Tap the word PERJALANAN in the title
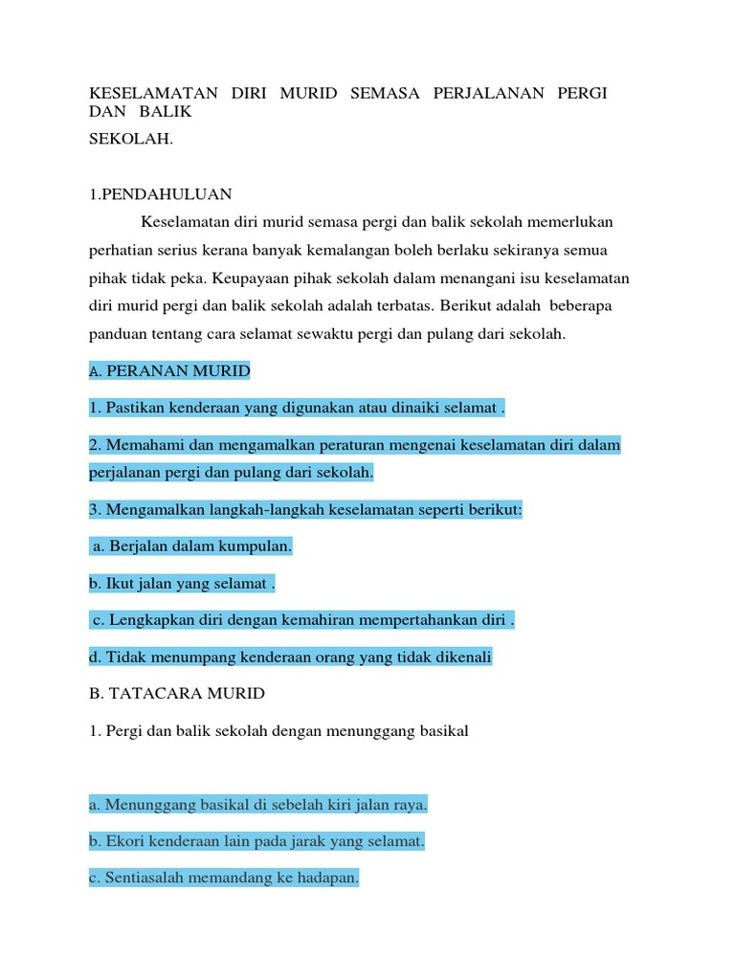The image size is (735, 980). click(488, 93)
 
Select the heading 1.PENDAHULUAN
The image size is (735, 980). click(161, 194)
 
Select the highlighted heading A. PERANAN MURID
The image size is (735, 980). click(168, 370)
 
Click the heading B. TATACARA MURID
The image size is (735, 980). click(177, 693)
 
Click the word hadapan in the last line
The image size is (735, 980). click(326, 879)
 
